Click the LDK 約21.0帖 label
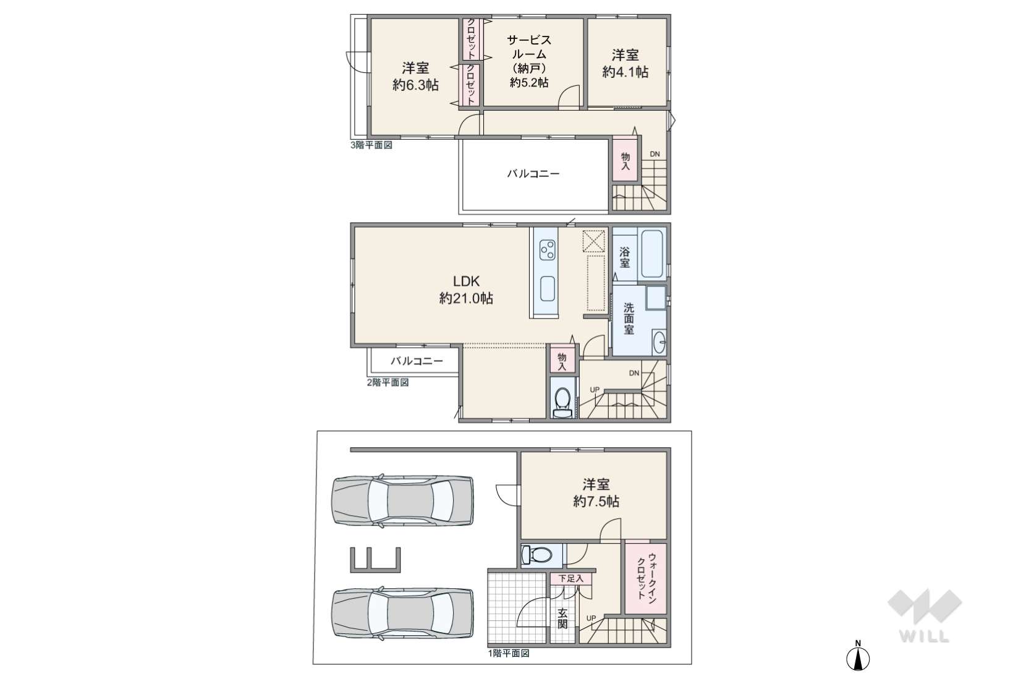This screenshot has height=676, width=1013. coord(466,289)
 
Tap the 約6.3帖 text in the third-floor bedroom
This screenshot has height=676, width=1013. coord(415,85)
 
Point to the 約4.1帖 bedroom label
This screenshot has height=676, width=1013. coord(625,72)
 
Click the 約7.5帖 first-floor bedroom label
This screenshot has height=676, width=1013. coord(596,502)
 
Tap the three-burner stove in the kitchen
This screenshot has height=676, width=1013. coord(547,250)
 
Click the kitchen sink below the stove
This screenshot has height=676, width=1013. coord(548,288)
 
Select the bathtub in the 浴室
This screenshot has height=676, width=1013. coord(652,254)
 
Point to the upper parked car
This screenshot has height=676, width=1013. coord(403,500)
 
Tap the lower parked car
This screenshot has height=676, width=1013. coord(403,613)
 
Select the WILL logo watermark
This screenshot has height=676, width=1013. coord(925,616)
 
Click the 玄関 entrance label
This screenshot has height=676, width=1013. coord(562,618)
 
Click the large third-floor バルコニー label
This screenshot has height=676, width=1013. coord(533,174)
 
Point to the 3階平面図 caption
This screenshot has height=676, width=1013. coord(371,145)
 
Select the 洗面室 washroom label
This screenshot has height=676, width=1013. coord(629,319)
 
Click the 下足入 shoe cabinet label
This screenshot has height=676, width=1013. coord(570,578)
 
